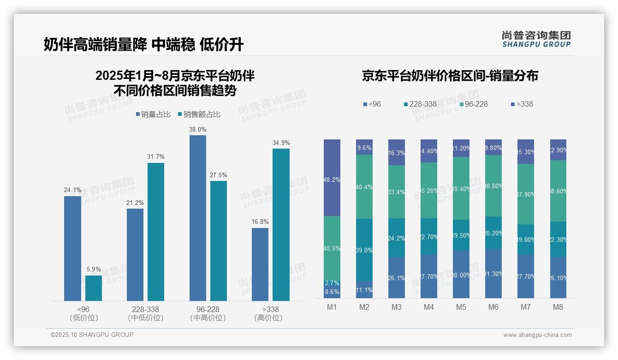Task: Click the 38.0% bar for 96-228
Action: click(197, 218)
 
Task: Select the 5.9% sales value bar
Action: click(93, 288)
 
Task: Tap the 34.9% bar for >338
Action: click(281, 225)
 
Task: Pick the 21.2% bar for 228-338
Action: click(135, 255)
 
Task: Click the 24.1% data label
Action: click(72, 190)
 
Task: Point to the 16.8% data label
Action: click(260, 222)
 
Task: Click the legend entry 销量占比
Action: click(154, 114)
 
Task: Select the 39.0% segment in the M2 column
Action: click(364, 250)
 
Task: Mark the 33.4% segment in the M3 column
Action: click(397, 192)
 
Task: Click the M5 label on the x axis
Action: click(461, 307)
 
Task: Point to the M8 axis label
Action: click(558, 307)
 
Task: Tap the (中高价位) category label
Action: click(208, 318)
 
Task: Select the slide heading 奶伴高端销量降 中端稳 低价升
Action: click(143, 44)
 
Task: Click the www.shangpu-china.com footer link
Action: click(537, 335)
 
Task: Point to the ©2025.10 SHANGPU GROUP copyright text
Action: click(92, 335)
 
